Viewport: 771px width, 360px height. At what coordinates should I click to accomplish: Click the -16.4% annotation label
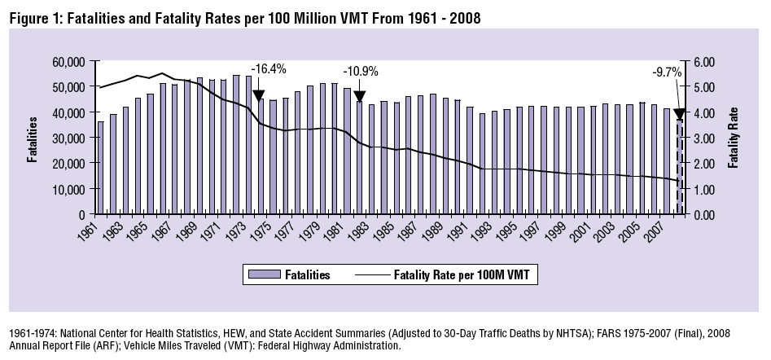coord(269,69)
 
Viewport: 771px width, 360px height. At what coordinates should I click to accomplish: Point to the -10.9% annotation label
coord(361,71)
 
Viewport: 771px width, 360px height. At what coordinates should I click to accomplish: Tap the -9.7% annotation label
coord(667,72)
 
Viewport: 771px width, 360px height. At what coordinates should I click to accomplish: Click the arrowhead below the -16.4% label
coord(259,96)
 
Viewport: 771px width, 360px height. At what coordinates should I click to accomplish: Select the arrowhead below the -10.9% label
coord(359,97)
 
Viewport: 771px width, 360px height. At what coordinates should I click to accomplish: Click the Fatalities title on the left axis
coord(34,138)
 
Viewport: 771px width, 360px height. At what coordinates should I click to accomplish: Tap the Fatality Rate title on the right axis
coord(734,138)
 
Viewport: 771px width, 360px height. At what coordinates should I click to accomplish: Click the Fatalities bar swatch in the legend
coord(262,275)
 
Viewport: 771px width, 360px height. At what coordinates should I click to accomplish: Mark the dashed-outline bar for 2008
coord(680,167)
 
